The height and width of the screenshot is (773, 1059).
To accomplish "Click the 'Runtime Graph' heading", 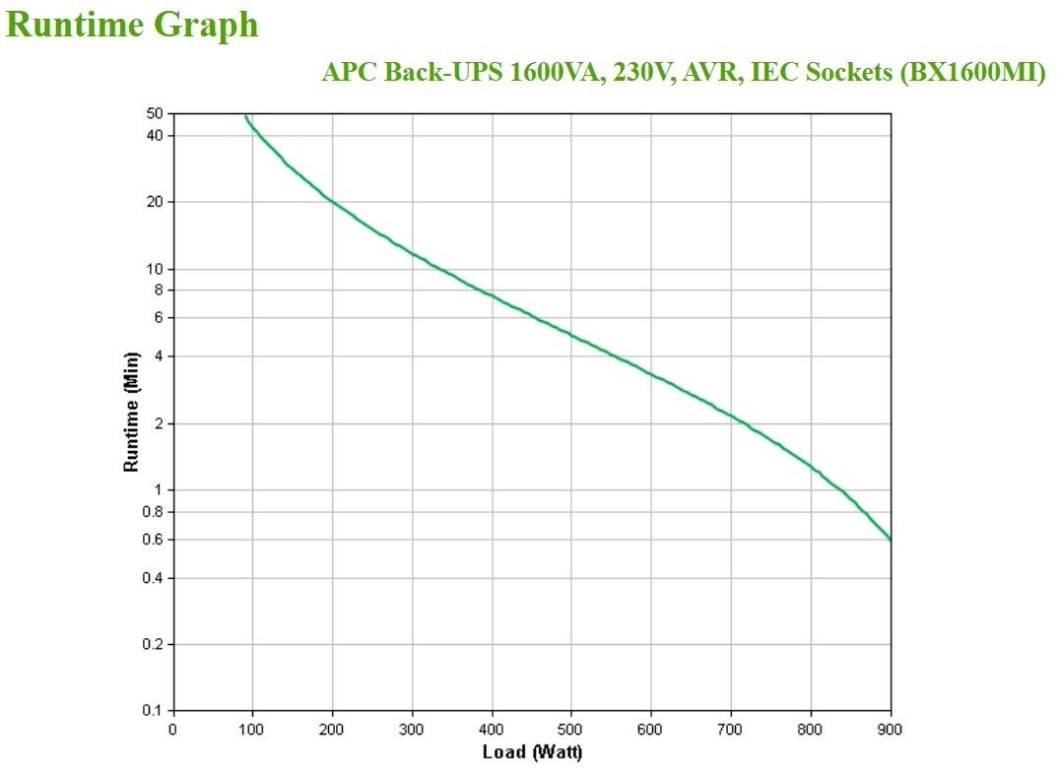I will coord(132,25).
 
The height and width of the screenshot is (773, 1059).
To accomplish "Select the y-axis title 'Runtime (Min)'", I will coord(132,412).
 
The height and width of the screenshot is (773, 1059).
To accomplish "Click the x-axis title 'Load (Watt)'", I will coord(532,753).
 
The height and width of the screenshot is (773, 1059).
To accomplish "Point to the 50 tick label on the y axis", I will coord(155,114).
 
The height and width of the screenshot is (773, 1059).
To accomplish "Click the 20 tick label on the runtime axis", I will coord(155,202).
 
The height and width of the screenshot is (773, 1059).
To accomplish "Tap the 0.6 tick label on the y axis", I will coord(152,540).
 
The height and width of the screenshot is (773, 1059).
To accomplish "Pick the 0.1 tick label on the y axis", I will coord(152,710).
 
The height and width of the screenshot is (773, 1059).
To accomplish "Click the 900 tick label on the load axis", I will coord(891,730).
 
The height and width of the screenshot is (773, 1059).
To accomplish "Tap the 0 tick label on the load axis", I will coord(173,730).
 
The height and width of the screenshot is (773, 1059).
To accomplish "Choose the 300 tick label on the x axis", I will coord(412,730).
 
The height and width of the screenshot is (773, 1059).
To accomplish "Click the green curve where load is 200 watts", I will coord(332,202).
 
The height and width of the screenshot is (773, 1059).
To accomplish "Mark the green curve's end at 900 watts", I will coord(890,539).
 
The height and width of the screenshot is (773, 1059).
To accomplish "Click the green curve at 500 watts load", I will coord(571,335).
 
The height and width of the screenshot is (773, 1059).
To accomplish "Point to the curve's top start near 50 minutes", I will coord(246,116).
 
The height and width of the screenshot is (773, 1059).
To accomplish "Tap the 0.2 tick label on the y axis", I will coord(152,644).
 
